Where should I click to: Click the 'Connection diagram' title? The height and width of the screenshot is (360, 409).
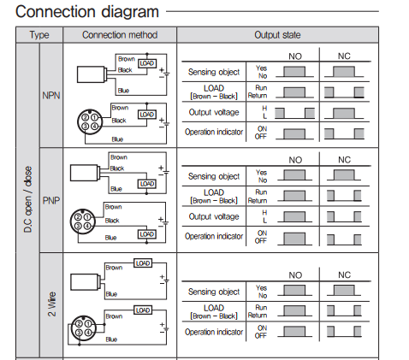(87, 12)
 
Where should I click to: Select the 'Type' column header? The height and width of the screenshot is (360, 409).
(39, 35)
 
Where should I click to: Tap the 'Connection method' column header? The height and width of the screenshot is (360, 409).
(120, 35)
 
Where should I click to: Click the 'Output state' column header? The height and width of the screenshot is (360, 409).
(277, 35)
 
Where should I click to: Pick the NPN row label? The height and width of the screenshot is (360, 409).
(51, 95)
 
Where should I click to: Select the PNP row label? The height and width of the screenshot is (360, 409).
(51, 200)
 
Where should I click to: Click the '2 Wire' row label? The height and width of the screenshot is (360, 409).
(51, 304)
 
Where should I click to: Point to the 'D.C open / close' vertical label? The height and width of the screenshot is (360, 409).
(28, 199)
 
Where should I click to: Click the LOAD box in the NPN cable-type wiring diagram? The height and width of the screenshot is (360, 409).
(147, 63)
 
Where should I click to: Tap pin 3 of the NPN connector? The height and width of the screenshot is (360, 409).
(86, 126)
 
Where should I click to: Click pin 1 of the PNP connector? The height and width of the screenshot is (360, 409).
(87, 217)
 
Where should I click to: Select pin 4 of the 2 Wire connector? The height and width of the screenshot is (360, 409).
(88, 333)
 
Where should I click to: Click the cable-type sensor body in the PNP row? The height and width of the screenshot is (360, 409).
(85, 173)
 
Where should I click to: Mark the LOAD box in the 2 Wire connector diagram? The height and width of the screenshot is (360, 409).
(143, 310)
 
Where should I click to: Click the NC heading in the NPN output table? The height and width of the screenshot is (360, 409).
(344, 56)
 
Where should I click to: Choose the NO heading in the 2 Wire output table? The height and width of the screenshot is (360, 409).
(295, 275)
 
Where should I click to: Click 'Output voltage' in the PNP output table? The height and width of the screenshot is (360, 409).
(214, 216)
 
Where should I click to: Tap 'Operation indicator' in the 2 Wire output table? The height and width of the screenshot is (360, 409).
(214, 332)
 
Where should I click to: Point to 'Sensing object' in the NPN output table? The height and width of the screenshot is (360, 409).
(214, 72)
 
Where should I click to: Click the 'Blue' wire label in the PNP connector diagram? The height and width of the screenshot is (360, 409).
(110, 238)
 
